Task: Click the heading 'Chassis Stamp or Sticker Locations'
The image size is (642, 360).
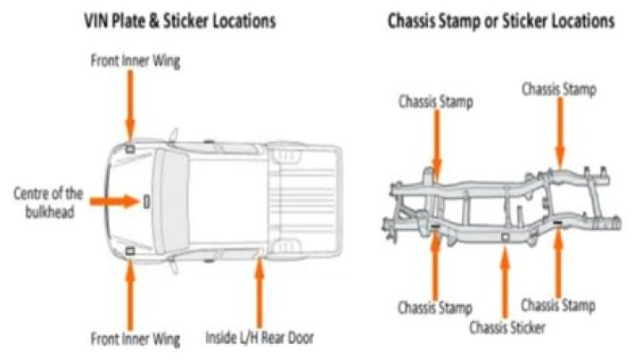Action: pos(501,20)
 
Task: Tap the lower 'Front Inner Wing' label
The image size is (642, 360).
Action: pos(135,339)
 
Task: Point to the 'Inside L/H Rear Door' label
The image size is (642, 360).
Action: pos(259,339)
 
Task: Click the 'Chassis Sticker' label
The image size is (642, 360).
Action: pos(507,327)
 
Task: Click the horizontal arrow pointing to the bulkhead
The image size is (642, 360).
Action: pos(111,200)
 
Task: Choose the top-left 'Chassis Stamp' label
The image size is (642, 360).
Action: pos(436,102)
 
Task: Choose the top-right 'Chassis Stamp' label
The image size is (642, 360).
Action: pos(558,89)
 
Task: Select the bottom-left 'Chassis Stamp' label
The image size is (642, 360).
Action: pos(435,308)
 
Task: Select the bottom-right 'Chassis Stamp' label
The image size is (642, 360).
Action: pos(557,306)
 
